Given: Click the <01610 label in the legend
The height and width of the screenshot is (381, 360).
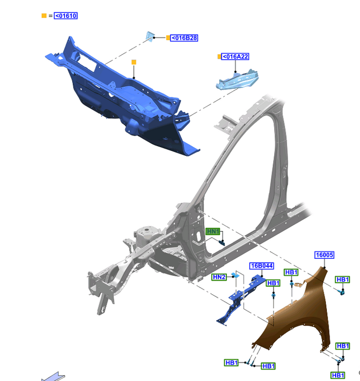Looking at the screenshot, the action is point(66,16).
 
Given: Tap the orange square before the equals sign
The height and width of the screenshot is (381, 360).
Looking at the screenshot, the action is point(44,16).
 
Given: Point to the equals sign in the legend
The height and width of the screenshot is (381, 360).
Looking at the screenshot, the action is point(50,16).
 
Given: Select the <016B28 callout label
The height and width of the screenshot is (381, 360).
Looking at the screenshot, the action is point(184,38).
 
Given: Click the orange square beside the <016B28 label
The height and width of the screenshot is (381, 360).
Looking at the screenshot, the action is point(168,37).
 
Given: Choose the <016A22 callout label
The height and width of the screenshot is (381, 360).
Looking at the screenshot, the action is point(235,56).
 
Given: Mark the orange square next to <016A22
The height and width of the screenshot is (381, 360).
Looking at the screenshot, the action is point(219,56).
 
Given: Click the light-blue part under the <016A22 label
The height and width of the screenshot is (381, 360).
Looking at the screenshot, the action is point(237,79).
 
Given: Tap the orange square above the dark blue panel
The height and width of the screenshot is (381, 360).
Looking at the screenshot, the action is point(134,62).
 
